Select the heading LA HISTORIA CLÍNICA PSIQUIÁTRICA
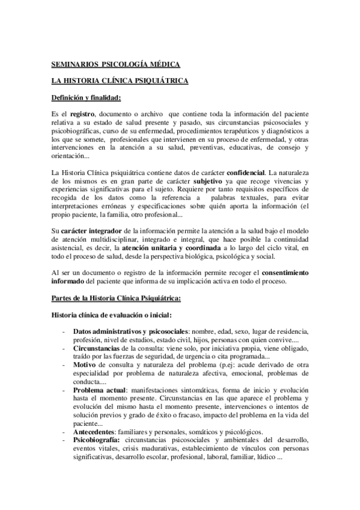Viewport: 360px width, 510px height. [x=120, y=80]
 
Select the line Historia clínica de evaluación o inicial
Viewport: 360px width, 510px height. [x=114, y=315]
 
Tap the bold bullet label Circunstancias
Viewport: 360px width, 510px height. [x=97, y=348]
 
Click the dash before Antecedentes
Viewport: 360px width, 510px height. [x=64, y=431]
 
